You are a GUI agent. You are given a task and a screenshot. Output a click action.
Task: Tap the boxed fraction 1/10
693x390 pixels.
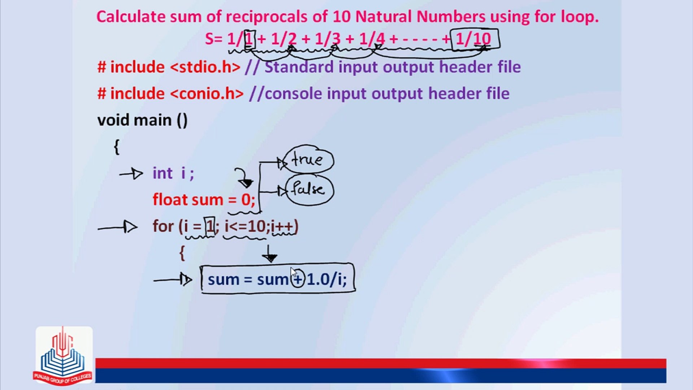tap(474, 39)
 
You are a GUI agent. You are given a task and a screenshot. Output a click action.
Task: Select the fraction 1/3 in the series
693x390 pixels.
tap(327, 39)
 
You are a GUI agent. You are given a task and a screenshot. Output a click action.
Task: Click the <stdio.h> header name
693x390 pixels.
tap(205, 67)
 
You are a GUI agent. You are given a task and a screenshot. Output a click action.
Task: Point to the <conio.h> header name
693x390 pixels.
tap(207, 94)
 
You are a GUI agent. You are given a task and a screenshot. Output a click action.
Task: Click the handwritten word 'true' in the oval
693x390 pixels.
tap(308, 159)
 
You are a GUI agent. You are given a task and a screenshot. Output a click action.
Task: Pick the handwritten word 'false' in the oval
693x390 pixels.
tap(309, 189)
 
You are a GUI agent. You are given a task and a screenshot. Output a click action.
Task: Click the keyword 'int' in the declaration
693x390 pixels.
tap(162, 173)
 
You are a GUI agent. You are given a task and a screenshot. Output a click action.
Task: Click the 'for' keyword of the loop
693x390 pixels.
tap(163, 226)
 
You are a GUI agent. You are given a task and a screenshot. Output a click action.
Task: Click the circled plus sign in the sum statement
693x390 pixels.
tap(298, 279)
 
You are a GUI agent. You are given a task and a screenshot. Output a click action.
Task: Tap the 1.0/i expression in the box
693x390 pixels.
tap(326, 279)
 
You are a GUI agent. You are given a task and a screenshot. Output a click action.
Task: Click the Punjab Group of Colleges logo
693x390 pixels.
tap(64, 355)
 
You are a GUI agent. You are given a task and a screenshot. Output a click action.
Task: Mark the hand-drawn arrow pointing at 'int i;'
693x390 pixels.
tap(131, 174)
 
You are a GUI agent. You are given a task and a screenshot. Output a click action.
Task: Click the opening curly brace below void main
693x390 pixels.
tap(116, 147)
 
